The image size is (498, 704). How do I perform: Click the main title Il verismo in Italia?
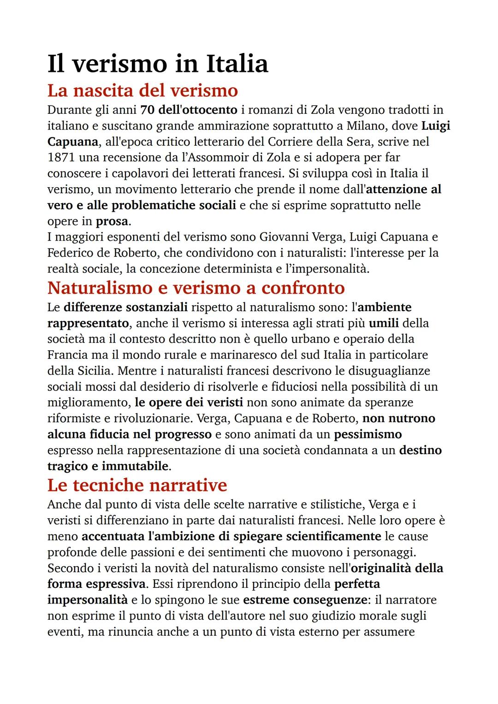point(158,64)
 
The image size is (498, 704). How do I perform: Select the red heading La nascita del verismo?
point(142,90)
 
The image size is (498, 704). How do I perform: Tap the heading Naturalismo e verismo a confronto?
point(196,288)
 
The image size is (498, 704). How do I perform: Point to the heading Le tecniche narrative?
point(137,485)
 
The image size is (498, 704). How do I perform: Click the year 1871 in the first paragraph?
point(61,158)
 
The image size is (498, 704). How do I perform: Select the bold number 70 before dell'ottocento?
point(147,110)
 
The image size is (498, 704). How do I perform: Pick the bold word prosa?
point(112,221)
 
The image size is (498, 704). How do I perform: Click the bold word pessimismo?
point(368,434)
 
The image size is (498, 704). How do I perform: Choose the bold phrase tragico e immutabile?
point(108,466)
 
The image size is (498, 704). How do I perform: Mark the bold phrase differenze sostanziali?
point(125,307)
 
